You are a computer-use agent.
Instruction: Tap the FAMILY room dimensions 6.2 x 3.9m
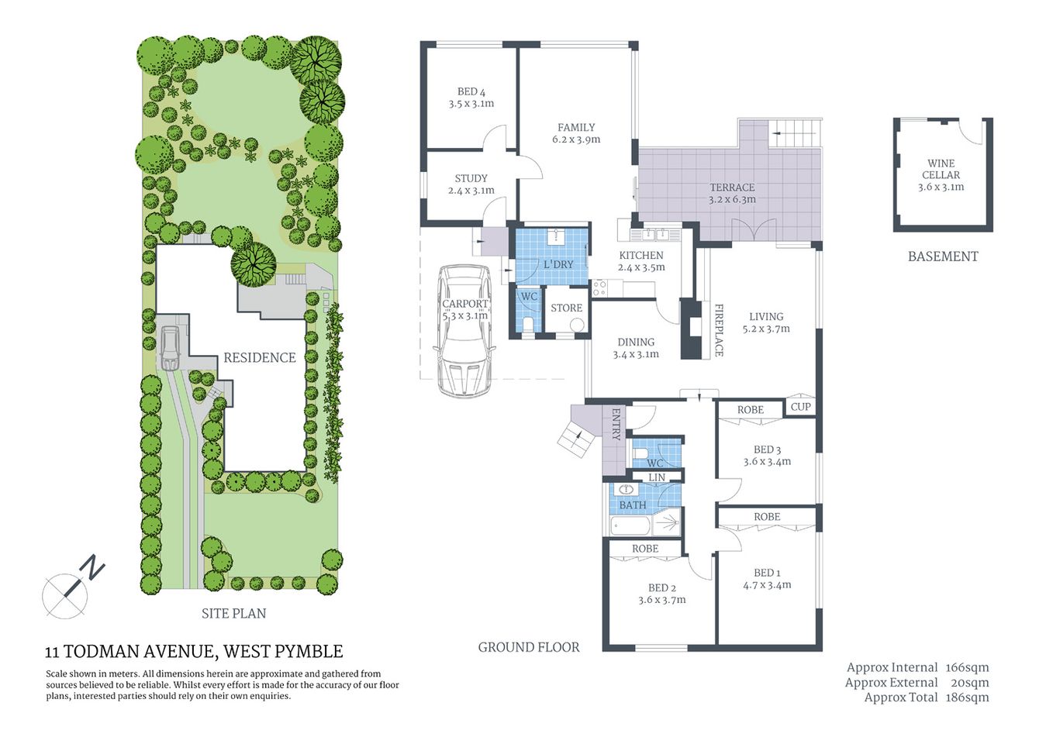[576, 140]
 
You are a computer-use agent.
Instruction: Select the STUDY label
[471, 178]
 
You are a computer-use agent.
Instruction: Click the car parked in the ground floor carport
[464, 329]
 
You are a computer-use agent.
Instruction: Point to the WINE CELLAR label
[941, 169]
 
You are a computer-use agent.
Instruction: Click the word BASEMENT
[943, 257]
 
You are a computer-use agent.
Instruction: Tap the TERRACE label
[731, 188]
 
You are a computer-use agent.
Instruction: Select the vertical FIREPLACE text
[718, 329]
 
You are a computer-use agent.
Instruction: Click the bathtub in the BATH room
[630, 526]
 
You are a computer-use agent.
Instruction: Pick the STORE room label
[566, 308]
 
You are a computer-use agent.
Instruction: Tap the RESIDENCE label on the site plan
[260, 357]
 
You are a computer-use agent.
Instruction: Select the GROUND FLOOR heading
[528, 647]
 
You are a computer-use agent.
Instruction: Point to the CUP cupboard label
[800, 407]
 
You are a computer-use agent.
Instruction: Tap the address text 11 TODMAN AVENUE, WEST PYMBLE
[194, 652]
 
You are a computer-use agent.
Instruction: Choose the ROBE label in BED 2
[644, 549]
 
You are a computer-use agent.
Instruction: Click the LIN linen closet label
[656, 477]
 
